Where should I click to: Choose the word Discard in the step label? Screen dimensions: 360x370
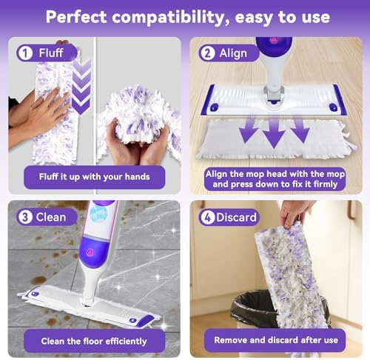(238, 217)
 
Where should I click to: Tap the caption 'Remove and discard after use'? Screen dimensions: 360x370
(275, 340)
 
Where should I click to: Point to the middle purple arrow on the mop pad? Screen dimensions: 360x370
(274, 133)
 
